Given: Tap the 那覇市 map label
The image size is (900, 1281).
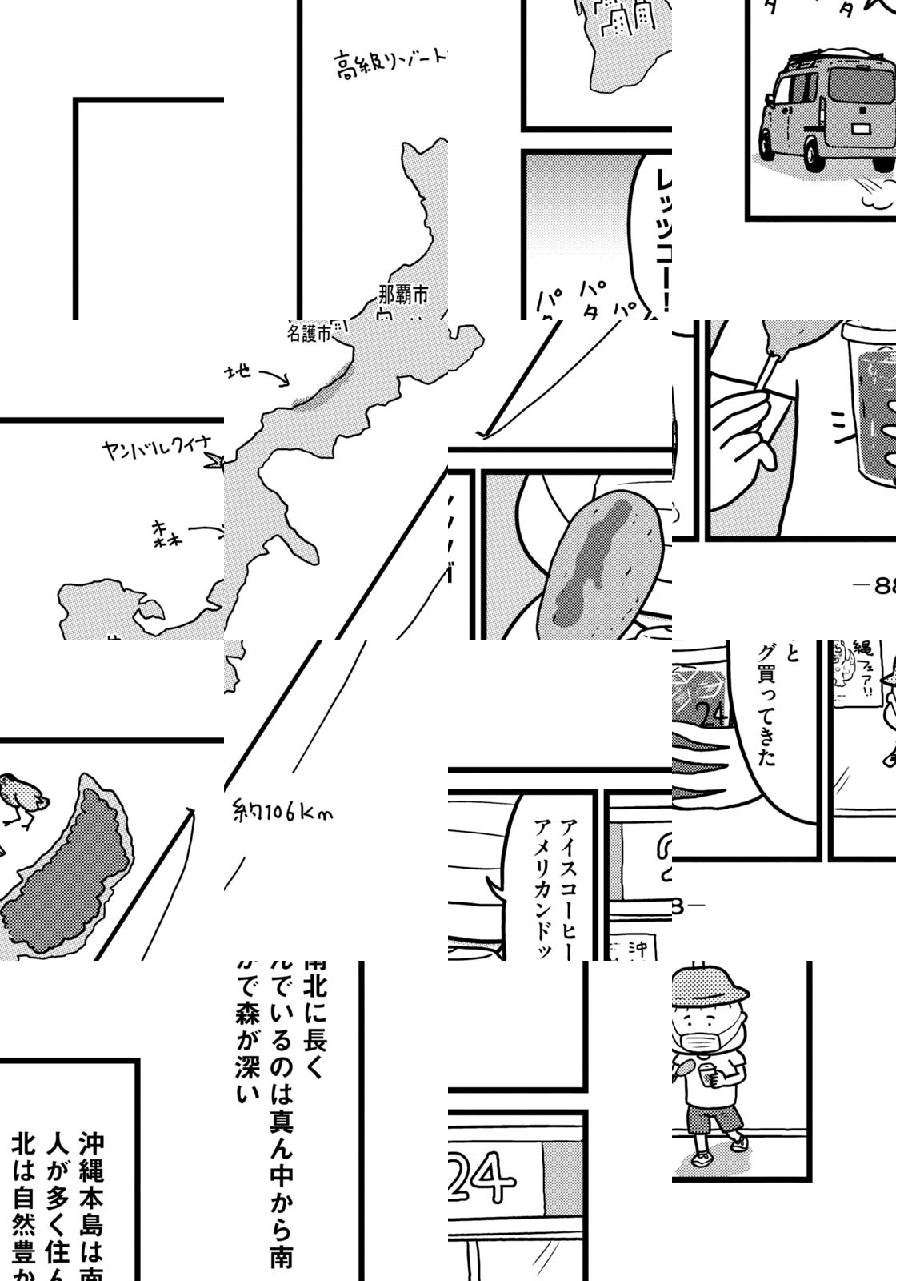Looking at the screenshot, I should pos(404,295).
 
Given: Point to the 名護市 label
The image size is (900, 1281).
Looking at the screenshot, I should pos(309,334).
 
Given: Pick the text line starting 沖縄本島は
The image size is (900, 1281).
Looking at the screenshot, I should pos(91,1201).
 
